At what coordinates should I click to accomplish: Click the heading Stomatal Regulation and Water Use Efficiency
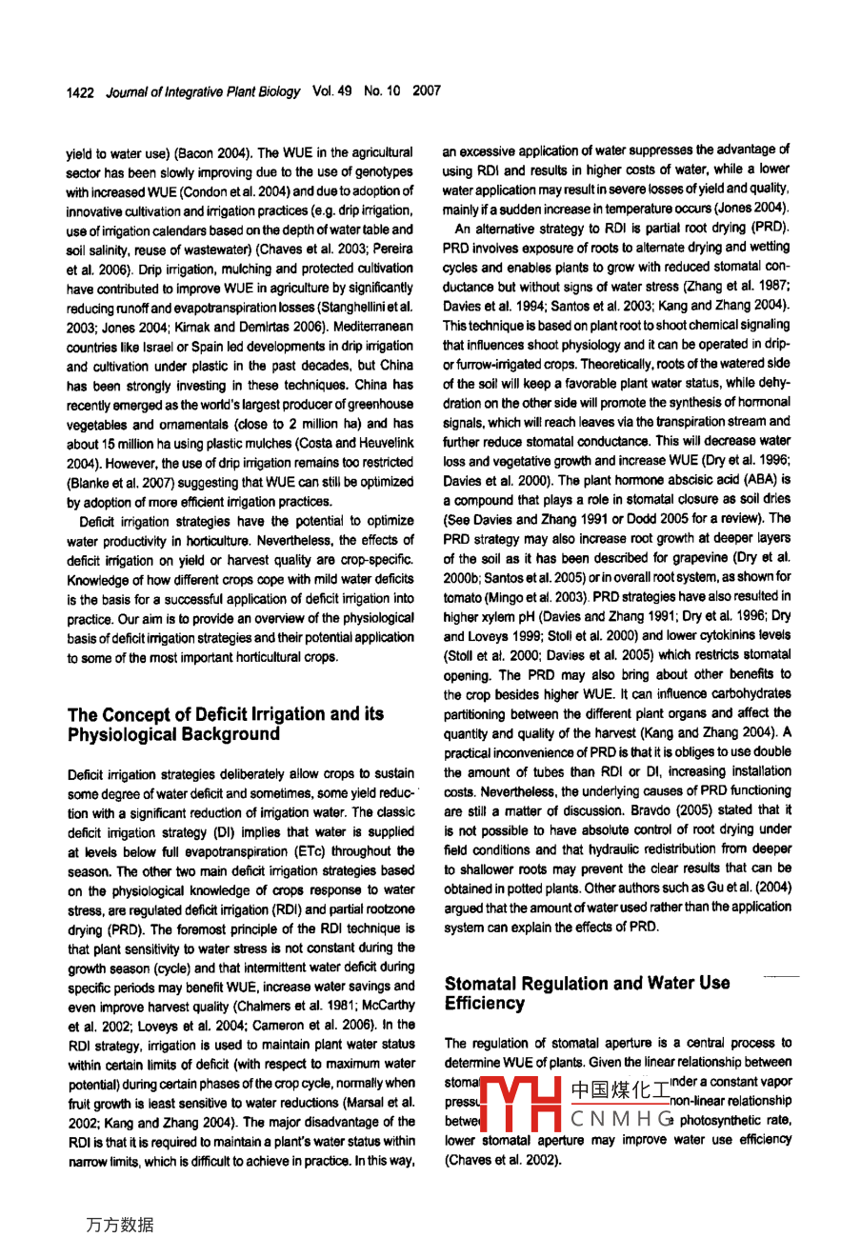(587, 992)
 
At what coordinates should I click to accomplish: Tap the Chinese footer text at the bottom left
(119, 1225)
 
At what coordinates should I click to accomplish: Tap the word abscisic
(688, 480)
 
